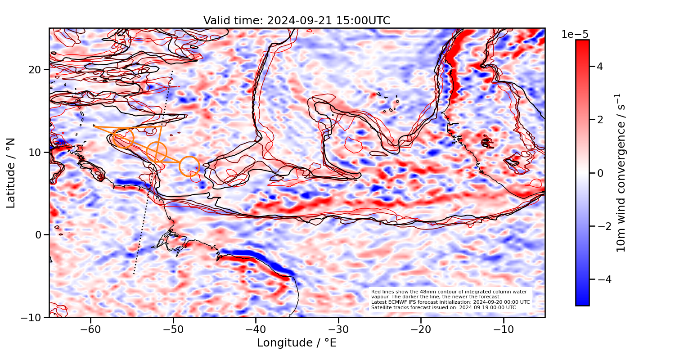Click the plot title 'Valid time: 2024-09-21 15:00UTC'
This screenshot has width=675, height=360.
[297, 21]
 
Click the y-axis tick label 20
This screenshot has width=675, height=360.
[36, 70]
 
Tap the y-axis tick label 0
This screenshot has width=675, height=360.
[39, 235]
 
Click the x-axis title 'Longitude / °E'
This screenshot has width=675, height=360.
[297, 343]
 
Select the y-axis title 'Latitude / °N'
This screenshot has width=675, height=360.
[11, 173]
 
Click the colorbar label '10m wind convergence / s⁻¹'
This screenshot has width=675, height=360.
[621, 173]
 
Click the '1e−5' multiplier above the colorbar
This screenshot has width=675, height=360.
[575, 35]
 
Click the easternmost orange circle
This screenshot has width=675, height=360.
[189, 166]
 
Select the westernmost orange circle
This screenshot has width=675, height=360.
[123, 138]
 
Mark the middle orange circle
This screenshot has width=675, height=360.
[157, 152]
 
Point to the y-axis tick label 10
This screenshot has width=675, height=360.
[36, 153]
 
